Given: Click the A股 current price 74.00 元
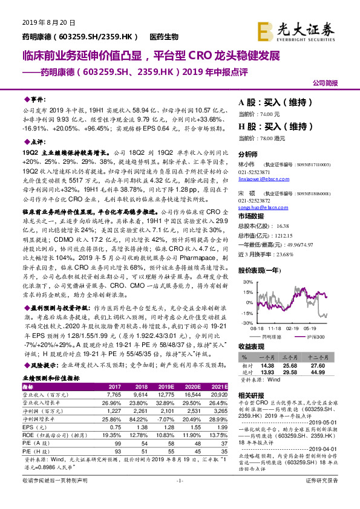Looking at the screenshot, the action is pos(259,114).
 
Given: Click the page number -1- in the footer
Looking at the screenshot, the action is pos(180,497).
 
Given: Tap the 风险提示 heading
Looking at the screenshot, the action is pos(38,366).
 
